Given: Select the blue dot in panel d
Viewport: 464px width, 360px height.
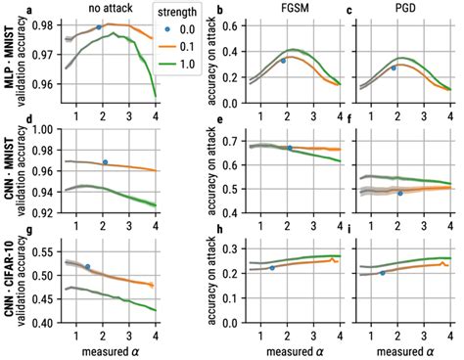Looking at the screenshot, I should pyautogui.click(x=105, y=161).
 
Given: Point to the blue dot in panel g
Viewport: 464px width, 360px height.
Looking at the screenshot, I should pyautogui.click(x=88, y=266).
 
